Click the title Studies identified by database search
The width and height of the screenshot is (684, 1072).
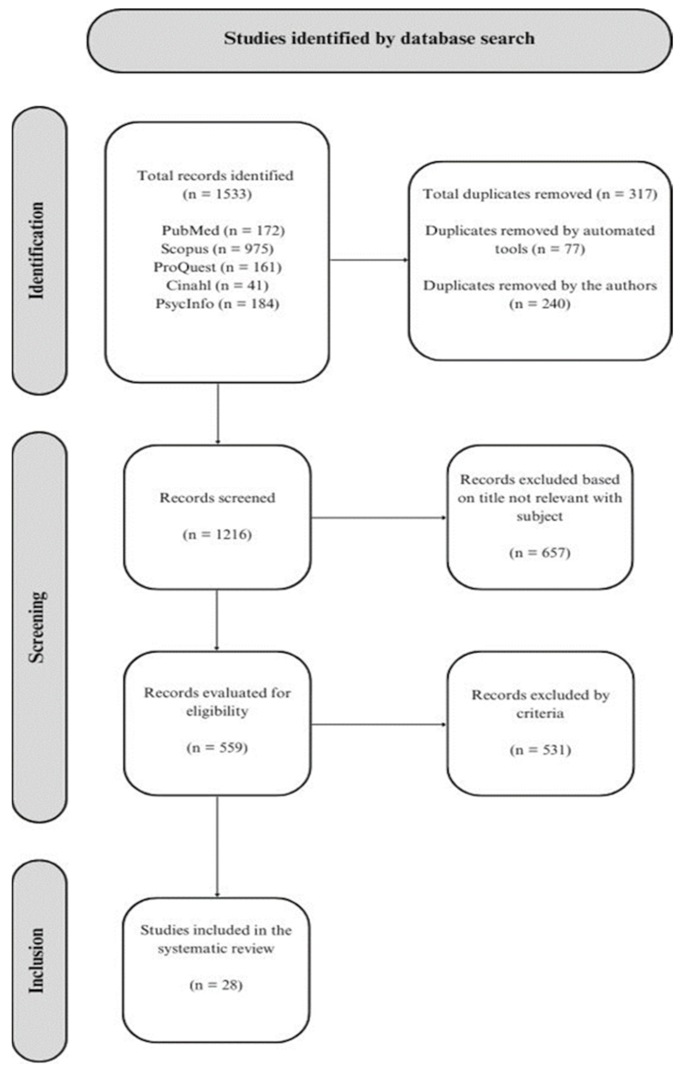coord(379,39)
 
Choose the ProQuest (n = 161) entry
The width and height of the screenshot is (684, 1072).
coord(217,267)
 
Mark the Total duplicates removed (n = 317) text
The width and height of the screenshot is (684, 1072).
coord(540,194)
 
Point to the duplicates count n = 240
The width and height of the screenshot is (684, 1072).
coord(540,304)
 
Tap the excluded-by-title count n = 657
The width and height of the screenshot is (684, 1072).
coord(540,553)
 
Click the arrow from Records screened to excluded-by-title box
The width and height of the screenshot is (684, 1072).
coord(378,518)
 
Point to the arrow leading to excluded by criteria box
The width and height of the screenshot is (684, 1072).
coord(378,724)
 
